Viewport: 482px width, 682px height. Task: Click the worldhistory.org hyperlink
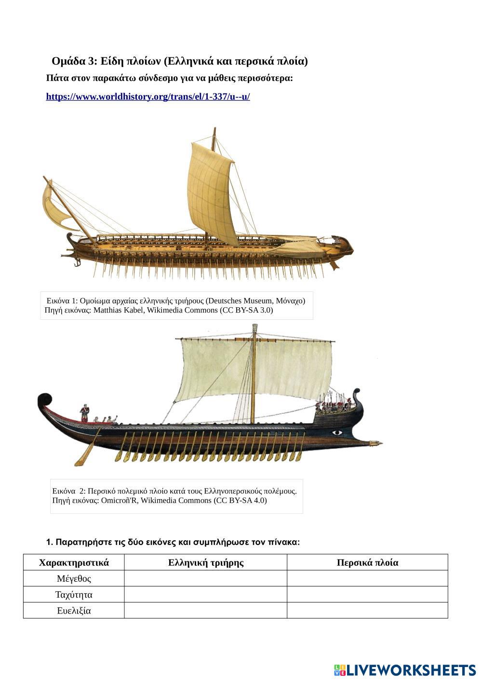[147, 96]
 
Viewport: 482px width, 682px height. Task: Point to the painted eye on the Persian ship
[337, 432]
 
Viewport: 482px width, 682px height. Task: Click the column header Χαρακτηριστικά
[74, 562]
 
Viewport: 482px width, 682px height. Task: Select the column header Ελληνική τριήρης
[206, 562]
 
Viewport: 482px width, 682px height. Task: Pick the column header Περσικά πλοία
[367, 562]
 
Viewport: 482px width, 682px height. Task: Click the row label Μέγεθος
[74, 578]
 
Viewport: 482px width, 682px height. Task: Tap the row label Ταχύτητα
[74, 594]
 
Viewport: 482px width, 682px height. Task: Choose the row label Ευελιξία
[74, 611]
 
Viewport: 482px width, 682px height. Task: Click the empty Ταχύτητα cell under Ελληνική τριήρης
[206, 594]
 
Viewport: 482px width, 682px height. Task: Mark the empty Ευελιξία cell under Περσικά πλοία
[367, 611]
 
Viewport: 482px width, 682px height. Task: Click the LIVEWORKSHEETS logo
[405, 670]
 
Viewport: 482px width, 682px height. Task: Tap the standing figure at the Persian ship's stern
[84, 413]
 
